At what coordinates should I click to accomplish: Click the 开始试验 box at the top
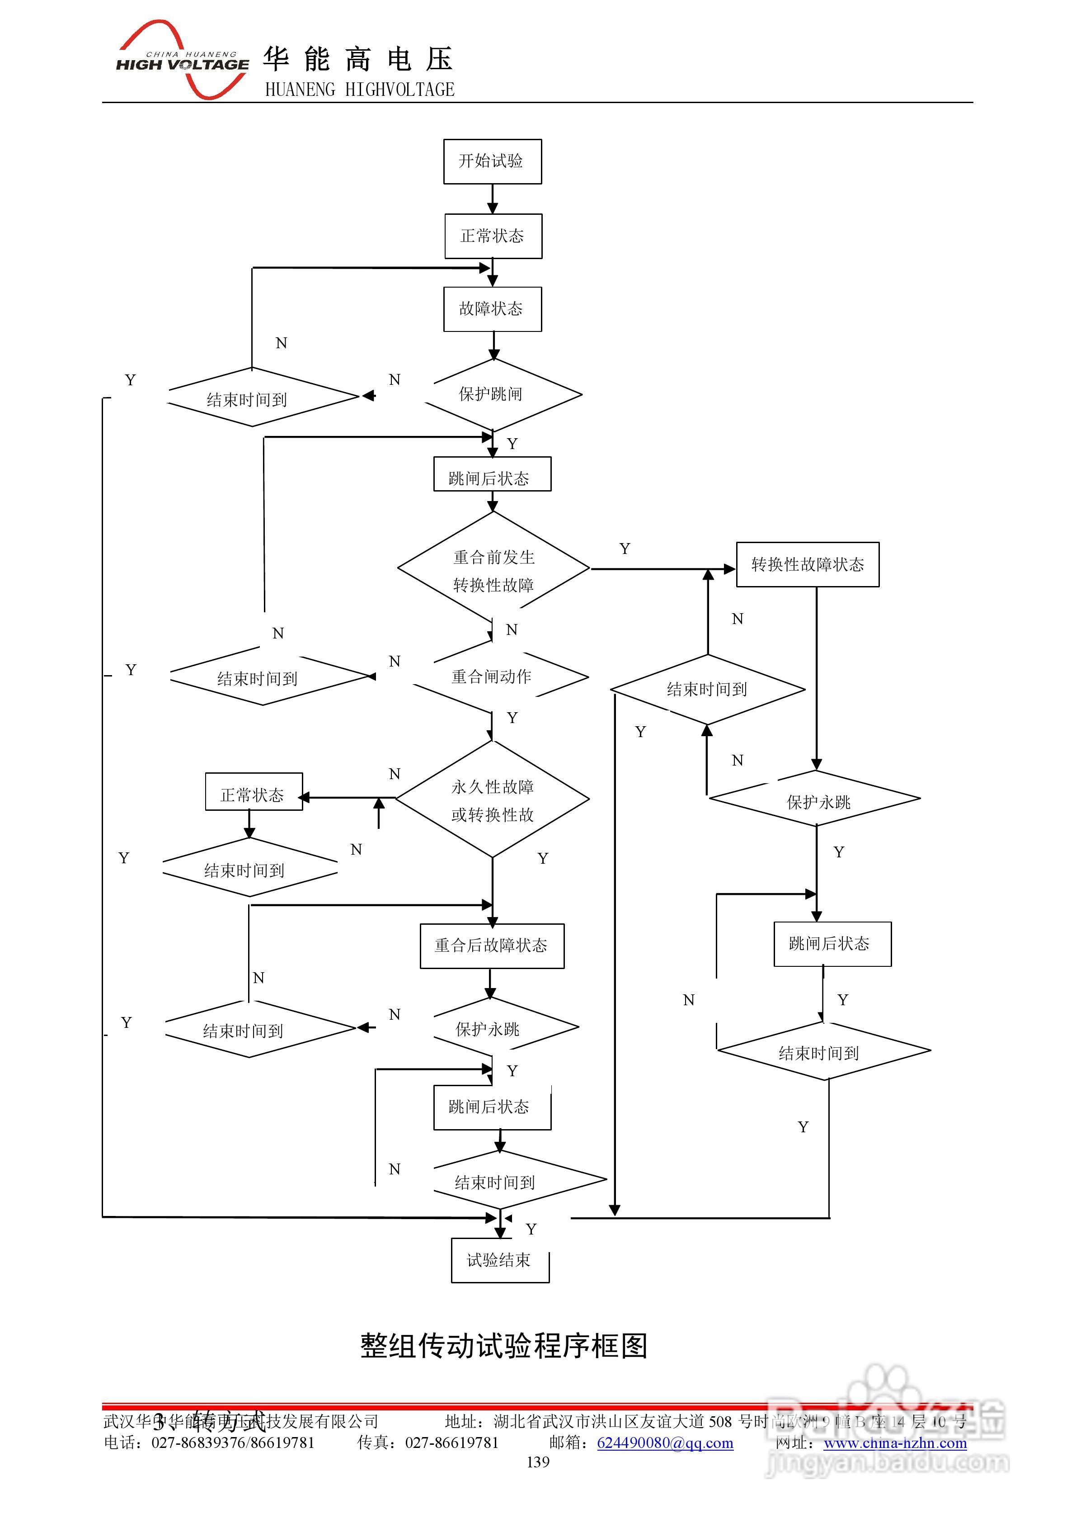point(492,161)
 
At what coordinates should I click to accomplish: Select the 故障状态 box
point(492,309)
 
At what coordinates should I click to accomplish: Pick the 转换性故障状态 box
point(808,564)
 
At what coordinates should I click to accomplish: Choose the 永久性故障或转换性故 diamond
point(493,800)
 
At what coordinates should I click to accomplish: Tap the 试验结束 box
point(499,1260)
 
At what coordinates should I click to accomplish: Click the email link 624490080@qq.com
point(665,1443)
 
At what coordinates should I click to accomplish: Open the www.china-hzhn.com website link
point(895,1443)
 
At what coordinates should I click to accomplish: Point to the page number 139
point(538,1462)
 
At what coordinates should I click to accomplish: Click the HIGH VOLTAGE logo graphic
point(182,61)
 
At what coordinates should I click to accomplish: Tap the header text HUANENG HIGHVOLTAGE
point(359,90)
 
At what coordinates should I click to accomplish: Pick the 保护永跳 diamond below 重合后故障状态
point(489,1029)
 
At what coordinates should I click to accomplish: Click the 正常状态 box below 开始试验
point(493,236)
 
